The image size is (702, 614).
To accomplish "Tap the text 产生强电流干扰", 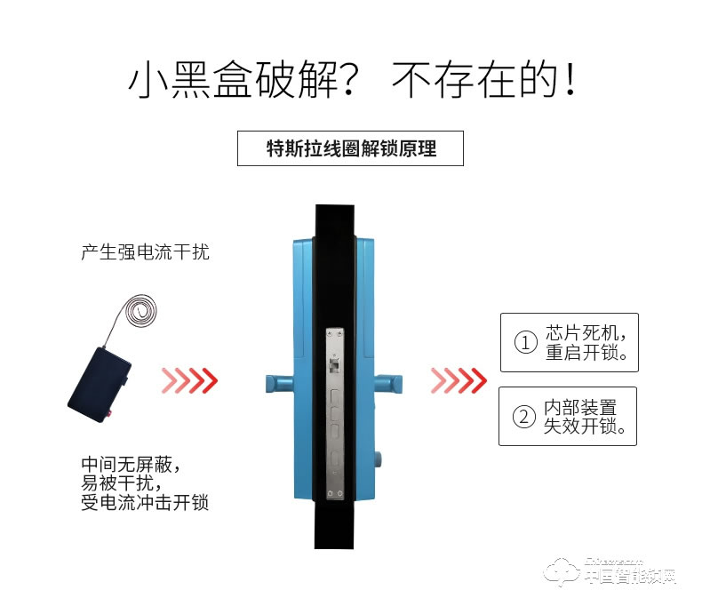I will (x=145, y=252).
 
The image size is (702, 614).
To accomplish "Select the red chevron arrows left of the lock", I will (x=189, y=380).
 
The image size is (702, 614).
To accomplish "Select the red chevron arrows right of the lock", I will (x=459, y=380).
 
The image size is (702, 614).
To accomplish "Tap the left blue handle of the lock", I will (x=277, y=384).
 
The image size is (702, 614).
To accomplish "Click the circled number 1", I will (x=526, y=343).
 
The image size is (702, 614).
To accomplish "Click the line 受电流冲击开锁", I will (x=145, y=503).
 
